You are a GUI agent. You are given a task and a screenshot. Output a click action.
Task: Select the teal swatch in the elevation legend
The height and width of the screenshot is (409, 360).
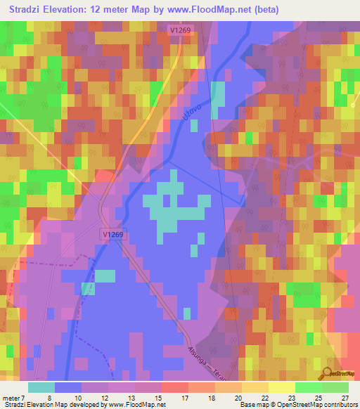[x=41, y=387]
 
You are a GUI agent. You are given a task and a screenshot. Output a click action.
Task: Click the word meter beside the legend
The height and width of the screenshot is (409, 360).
[x=10, y=397]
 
